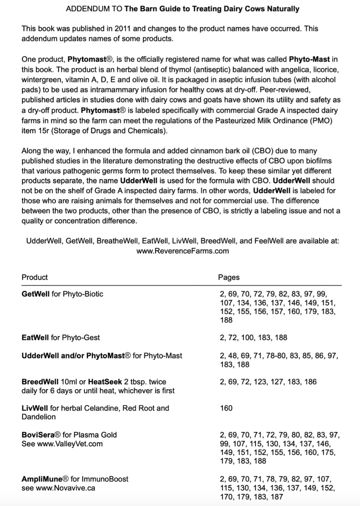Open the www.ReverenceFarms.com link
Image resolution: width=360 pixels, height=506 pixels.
(182, 251)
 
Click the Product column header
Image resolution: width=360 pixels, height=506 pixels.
(34, 277)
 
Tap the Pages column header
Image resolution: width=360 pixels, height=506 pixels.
(229, 277)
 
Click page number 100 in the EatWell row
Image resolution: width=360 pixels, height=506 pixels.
(248, 338)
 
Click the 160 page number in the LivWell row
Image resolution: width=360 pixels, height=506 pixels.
(226, 408)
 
